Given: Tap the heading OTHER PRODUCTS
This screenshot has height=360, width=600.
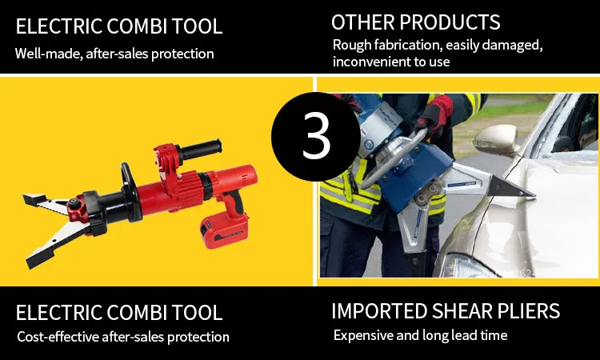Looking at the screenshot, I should pos(415,22).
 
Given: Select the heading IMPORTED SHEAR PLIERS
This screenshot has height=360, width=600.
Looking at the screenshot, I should pos(446,311).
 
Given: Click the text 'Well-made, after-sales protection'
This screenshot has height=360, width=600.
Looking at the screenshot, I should pos(114,54).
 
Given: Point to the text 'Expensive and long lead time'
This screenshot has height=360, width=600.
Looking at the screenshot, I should pos(420,335).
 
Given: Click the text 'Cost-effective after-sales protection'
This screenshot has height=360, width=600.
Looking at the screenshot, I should pos(123,337).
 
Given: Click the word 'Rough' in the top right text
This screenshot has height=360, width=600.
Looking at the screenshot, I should pos(353,44).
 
